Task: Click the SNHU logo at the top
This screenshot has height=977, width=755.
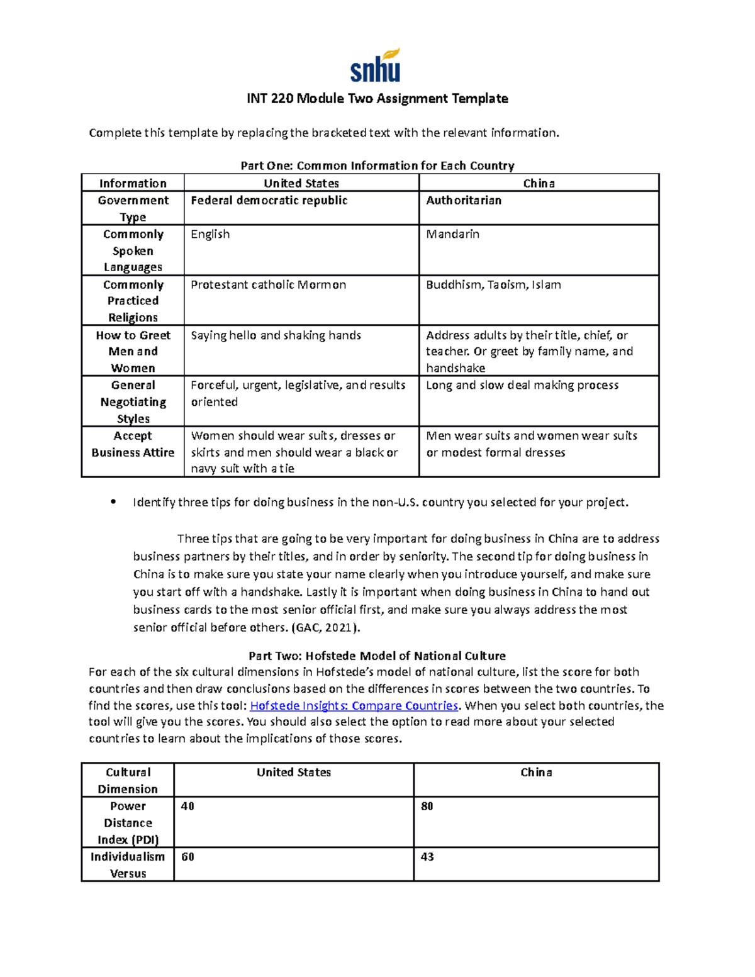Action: point(376,66)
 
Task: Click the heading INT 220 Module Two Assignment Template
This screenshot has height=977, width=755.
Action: point(377,99)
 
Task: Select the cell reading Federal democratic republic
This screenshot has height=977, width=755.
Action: point(269,201)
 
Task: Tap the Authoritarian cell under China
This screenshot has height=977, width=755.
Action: point(464,201)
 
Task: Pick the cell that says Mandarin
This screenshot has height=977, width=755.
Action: point(452,235)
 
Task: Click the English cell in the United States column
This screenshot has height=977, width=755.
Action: point(210,235)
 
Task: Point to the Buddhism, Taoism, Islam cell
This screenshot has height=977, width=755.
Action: point(493,285)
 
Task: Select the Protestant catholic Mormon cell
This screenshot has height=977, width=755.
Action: point(268,285)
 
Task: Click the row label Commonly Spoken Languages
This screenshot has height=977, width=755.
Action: point(133,250)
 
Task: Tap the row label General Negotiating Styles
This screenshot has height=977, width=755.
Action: point(133,401)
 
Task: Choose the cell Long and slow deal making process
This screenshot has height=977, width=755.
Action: point(522,385)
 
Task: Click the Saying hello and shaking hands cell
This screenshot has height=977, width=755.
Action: point(276,335)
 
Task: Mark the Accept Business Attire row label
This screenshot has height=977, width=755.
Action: point(133,444)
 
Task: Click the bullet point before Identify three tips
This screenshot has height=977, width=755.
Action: point(113,502)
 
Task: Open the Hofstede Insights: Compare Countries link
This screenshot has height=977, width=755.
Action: point(354,706)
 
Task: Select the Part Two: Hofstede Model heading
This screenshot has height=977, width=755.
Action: point(377,656)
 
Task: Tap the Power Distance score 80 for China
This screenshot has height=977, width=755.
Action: point(427,807)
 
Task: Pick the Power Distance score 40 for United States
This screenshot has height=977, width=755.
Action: point(187,807)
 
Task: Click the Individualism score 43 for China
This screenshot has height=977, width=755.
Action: point(427,857)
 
